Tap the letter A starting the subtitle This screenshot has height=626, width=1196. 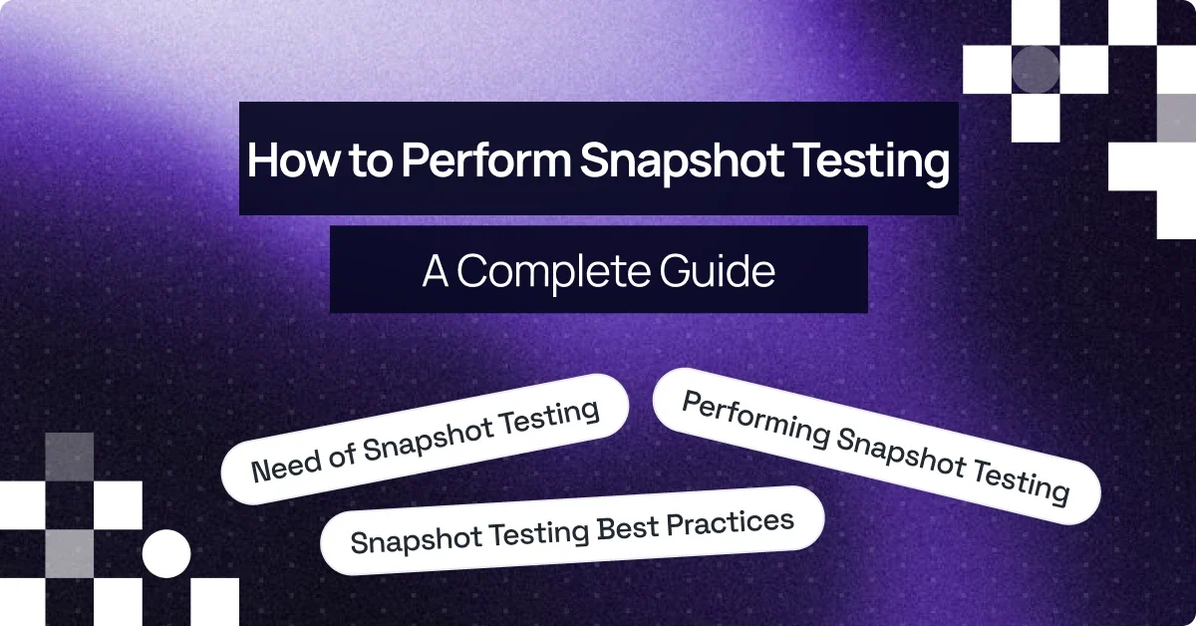pyautogui.click(x=436, y=270)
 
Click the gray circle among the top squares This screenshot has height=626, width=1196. pyautogui.click(x=1035, y=70)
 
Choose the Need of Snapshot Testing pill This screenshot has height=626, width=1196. pyautogui.click(x=426, y=439)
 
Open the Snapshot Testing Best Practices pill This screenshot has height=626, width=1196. pyautogui.click(x=572, y=529)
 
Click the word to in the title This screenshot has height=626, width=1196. pyautogui.click(x=355, y=161)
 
